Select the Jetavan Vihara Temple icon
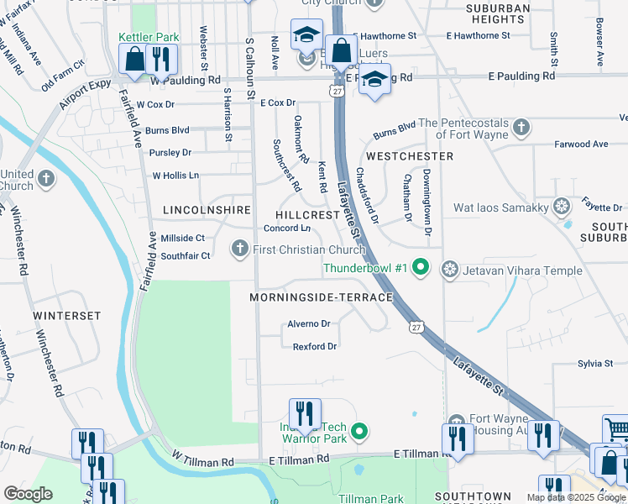[451, 269]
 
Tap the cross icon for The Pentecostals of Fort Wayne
[521, 128]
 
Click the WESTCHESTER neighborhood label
[410, 156]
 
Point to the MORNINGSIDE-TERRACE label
[321, 298]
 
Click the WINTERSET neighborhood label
[67, 316]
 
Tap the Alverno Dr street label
[309, 323]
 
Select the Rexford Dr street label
[315, 346]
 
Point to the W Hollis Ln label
[175, 176]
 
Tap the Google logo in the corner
[28, 494]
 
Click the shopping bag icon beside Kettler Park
[134, 59]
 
